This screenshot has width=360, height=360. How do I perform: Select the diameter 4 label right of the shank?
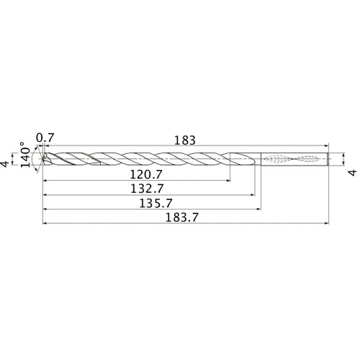coord(352,172)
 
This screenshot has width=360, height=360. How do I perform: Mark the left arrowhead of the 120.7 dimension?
coord(45,179)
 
